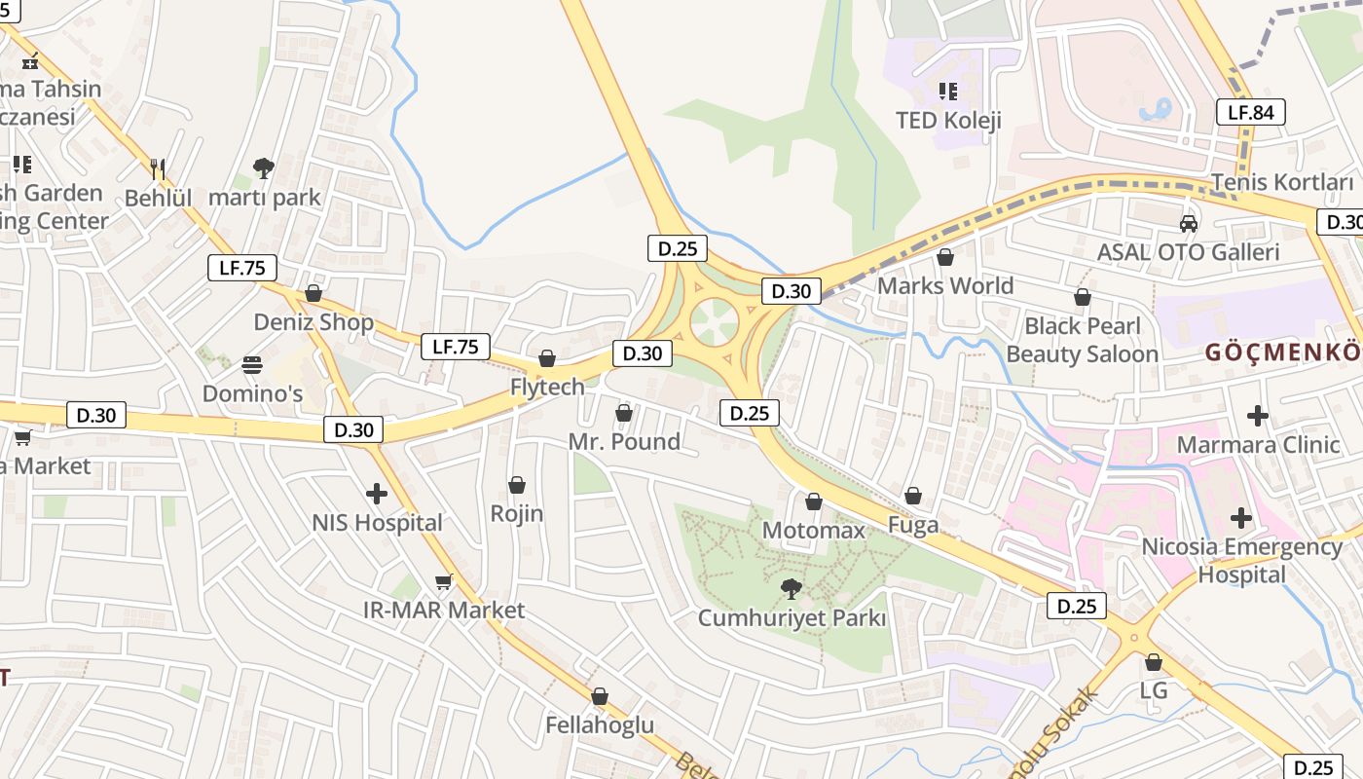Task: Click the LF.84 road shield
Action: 1250,112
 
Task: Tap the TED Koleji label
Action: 948,121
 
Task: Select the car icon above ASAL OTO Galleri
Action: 1188,224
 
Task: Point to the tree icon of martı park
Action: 263,167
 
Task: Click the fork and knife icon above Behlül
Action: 158,169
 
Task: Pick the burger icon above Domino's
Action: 252,365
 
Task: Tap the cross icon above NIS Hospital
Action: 377,494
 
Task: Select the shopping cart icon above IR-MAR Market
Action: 444,581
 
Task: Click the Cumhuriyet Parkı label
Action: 792,618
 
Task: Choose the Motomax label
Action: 813,531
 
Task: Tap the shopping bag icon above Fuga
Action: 913,497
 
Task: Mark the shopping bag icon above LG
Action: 1154,662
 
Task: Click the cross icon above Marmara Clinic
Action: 1258,416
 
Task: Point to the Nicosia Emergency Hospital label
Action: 1241,560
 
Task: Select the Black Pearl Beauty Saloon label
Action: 1082,339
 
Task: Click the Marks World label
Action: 945,286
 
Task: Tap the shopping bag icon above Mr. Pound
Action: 624,414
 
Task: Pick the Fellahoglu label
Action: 600,725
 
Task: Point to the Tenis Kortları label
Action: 1282,182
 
